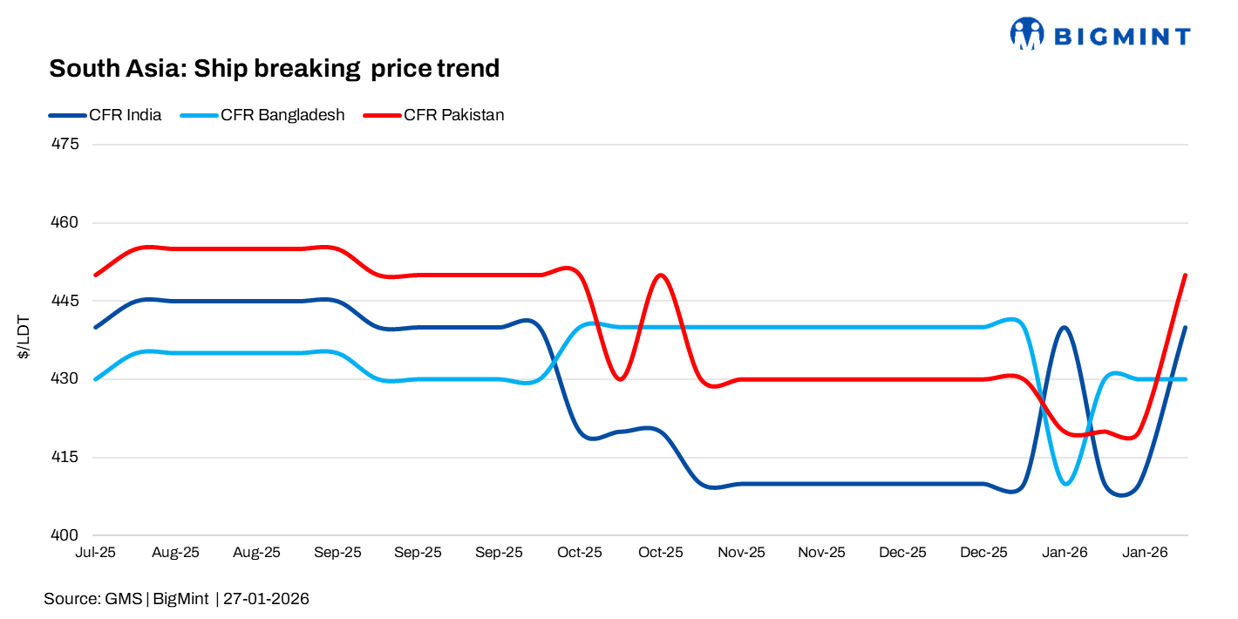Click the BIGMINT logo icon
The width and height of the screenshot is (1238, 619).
click(x=1027, y=34)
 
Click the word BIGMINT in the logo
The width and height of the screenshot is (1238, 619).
click(x=1122, y=37)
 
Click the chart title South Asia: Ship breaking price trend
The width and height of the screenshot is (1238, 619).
click(x=274, y=68)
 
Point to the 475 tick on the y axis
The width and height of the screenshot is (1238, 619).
click(x=67, y=144)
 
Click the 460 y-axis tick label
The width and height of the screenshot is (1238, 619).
click(x=67, y=222)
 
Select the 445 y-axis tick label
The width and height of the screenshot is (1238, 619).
click(x=67, y=301)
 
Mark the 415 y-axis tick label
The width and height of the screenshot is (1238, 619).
click(x=67, y=457)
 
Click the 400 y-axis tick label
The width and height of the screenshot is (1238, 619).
click(x=67, y=535)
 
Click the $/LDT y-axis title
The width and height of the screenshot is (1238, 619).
click(x=25, y=338)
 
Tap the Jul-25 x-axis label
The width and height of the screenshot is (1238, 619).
click(x=96, y=553)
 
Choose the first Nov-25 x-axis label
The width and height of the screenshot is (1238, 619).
click(x=742, y=553)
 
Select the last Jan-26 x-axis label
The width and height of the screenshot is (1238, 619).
click(x=1145, y=553)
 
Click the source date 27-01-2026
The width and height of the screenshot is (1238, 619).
click(x=266, y=599)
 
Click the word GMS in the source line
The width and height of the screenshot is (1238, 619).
click(x=124, y=599)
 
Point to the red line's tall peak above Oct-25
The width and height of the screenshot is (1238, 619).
click(x=661, y=275)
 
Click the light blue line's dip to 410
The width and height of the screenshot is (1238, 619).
click(x=1068, y=482)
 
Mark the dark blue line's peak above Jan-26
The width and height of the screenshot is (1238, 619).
click(x=1064, y=328)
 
